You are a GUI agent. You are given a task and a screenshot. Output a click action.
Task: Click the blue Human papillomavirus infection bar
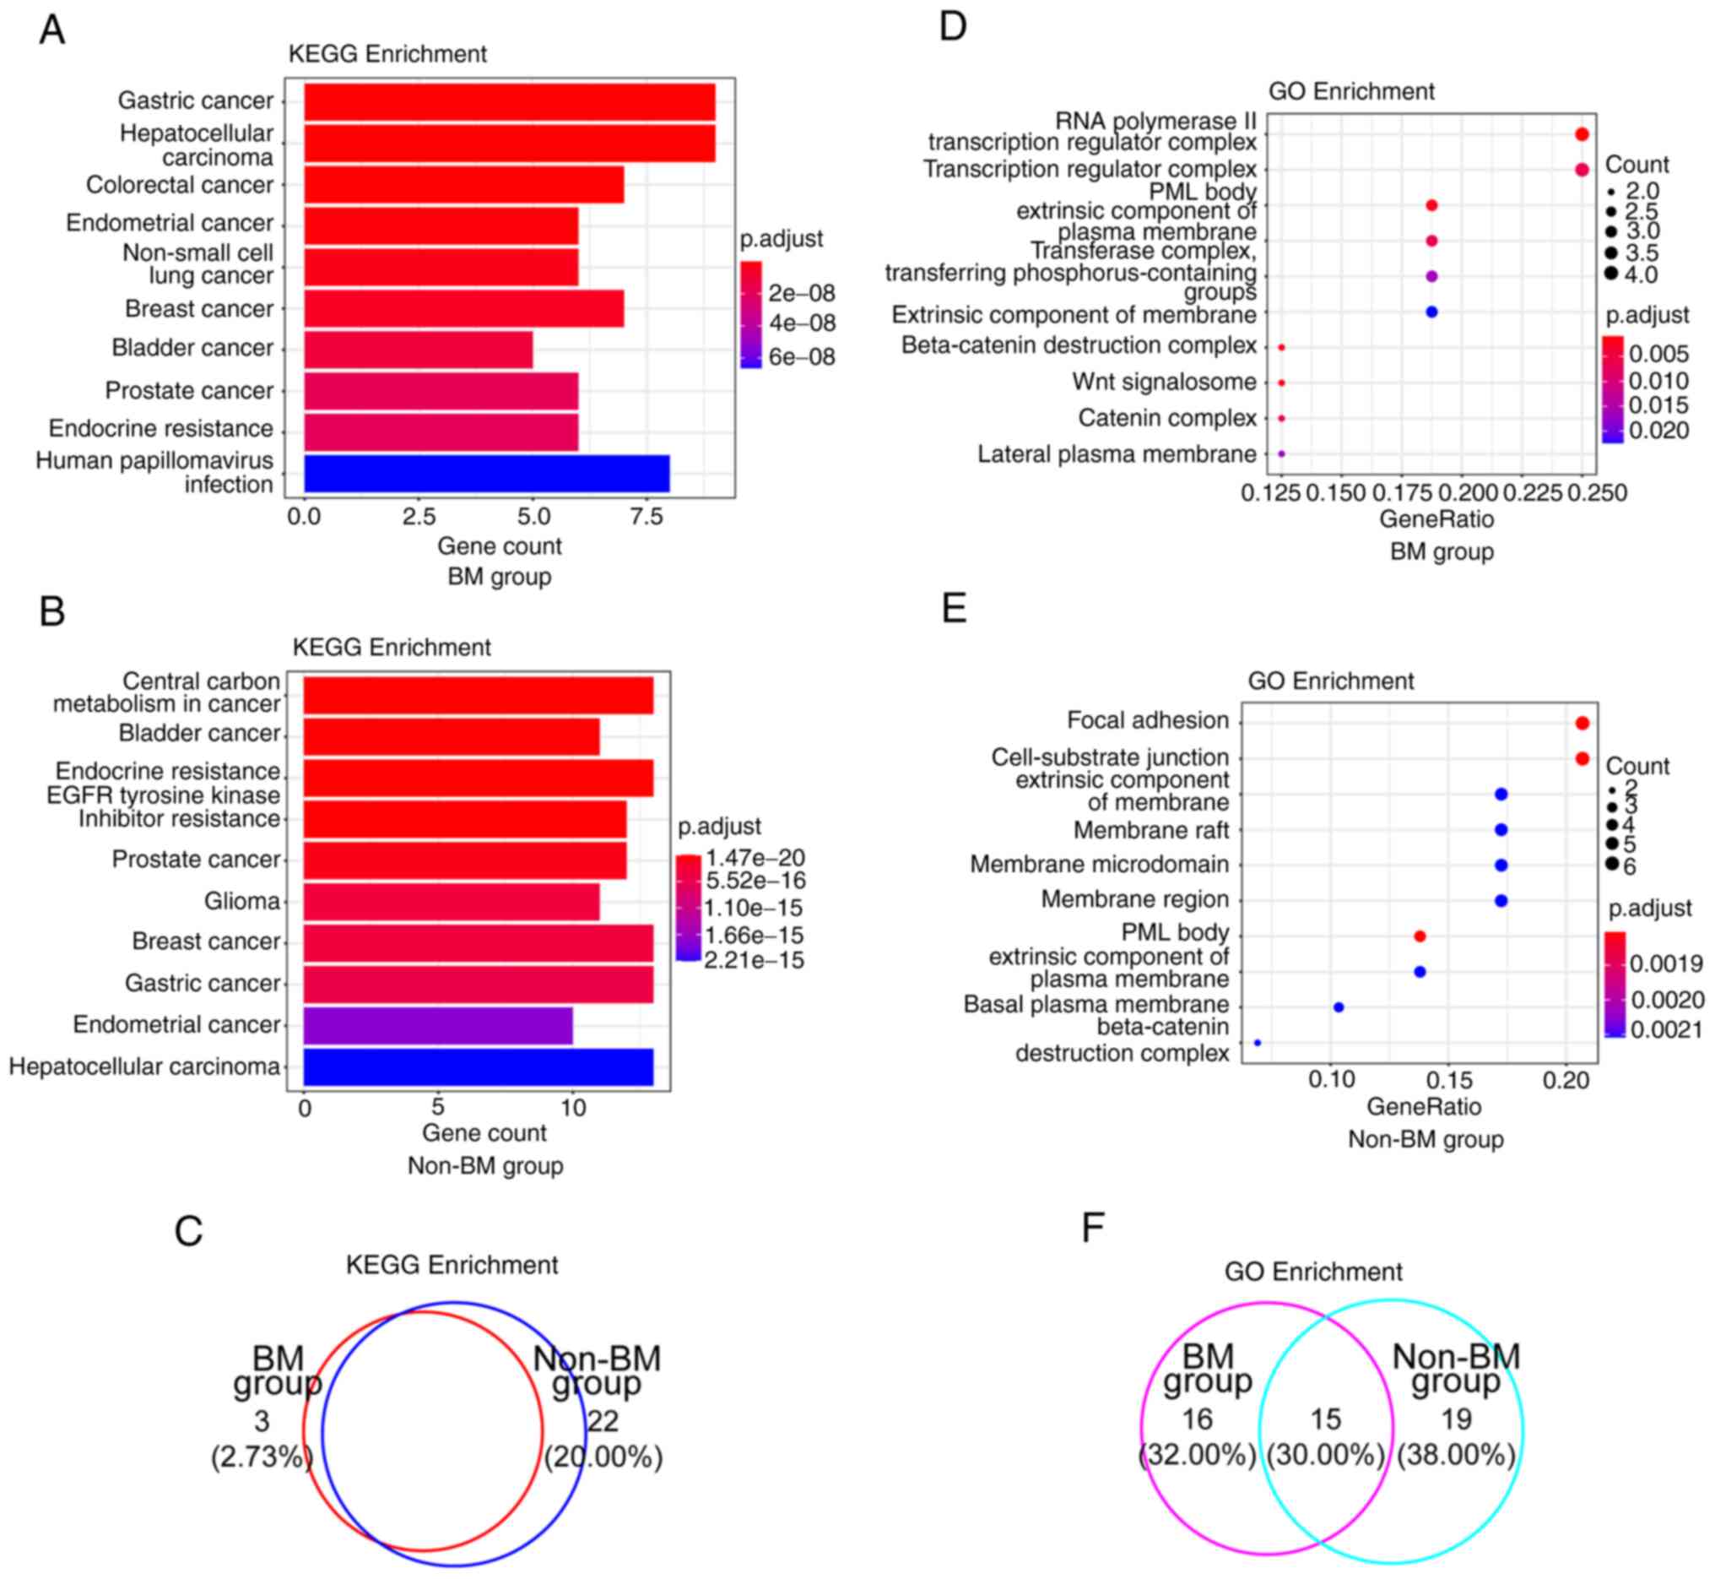tap(487, 474)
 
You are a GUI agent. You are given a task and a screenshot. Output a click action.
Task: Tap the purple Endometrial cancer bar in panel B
tap(438, 1025)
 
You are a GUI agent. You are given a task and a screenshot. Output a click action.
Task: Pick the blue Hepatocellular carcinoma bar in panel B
tap(479, 1067)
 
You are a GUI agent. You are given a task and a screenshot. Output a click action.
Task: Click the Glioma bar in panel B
tap(452, 902)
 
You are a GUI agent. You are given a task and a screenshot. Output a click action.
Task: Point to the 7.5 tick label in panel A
tap(647, 517)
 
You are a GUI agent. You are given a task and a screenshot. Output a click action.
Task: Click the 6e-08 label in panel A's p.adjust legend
tap(801, 356)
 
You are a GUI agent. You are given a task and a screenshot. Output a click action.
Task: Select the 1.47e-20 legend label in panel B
tap(755, 857)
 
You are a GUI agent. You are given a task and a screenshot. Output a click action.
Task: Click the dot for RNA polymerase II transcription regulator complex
tap(1581, 134)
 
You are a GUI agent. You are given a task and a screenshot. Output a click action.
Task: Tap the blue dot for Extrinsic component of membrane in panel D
tap(1431, 312)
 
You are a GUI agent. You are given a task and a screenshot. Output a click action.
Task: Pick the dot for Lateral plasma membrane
tap(1281, 453)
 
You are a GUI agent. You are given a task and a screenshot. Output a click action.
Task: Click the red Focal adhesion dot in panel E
tap(1582, 723)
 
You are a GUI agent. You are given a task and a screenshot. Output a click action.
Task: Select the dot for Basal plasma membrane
tap(1339, 1007)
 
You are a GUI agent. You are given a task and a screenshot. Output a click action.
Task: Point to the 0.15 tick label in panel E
tap(1448, 1080)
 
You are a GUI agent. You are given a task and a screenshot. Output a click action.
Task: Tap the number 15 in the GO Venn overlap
tap(1326, 1419)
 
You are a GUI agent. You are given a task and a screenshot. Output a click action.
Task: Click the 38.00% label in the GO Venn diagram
tap(1456, 1455)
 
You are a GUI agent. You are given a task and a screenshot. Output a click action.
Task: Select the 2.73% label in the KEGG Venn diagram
tap(262, 1457)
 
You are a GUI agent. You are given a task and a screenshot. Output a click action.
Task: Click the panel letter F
tap(1093, 1228)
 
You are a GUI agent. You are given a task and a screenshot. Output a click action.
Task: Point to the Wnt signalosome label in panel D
tap(1164, 382)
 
